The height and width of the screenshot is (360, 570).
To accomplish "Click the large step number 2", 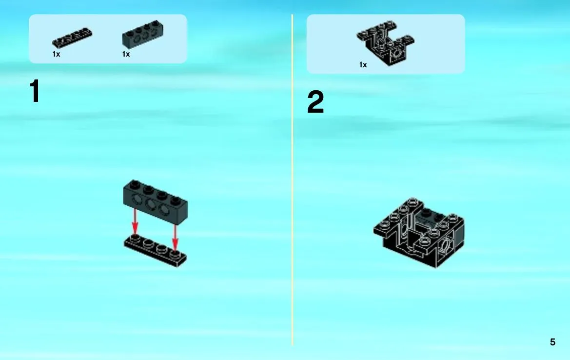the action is [315, 102].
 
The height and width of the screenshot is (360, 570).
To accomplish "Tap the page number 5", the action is [552, 342].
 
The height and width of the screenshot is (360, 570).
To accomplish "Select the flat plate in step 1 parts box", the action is [72, 38].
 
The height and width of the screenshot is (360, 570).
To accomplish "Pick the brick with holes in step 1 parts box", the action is [142, 34].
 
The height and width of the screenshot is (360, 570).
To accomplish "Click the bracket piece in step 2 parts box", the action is [385, 43].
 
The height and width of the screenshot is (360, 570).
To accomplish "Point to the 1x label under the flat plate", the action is [57, 54].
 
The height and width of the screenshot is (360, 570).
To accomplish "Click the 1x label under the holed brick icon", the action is [126, 54].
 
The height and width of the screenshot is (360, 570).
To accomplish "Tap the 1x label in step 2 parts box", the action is [363, 65].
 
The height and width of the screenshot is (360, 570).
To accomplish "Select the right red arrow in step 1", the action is [175, 237].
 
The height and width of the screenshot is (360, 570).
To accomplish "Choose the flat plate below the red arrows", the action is [155, 250].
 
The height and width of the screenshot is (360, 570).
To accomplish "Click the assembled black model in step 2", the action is [419, 233].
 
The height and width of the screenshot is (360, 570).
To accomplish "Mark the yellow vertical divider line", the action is [292, 180].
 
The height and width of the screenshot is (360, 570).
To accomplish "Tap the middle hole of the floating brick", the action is [151, 205].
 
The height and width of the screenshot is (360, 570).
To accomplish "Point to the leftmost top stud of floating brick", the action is [135, 184].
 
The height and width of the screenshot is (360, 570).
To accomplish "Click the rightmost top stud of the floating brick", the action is [176, 200].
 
